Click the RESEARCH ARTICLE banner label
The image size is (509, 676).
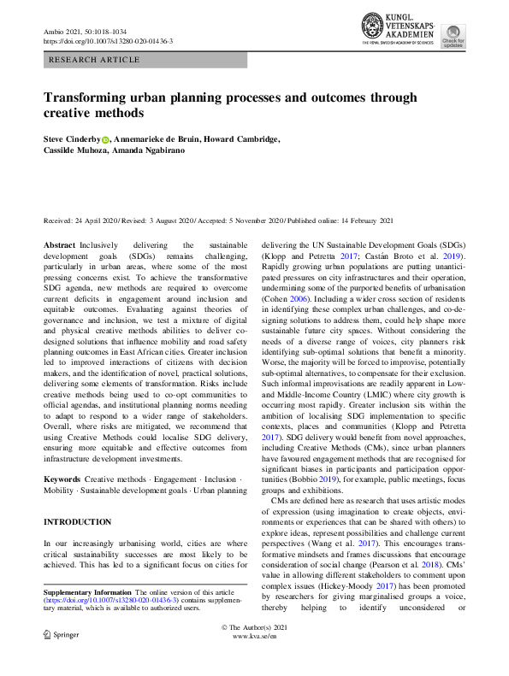pyautogui.click(x=95, y=60)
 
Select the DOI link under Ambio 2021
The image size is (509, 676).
pyautogui.click(x=108, y=41)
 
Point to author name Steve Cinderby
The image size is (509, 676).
pyautogui.click(x=71, y=139)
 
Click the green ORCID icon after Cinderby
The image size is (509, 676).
pyautogui.click(x=106, y=140)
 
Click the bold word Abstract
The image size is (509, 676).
pyautogui.click(x=59, y=245)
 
